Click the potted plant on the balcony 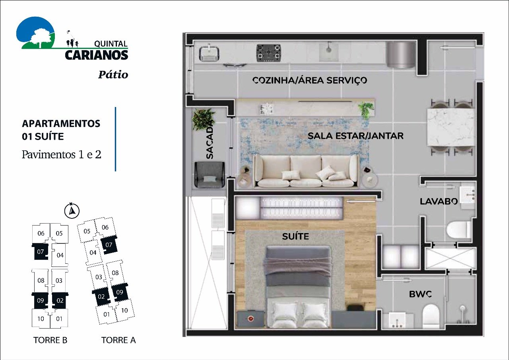203,119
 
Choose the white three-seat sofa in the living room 306,171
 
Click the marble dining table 451,126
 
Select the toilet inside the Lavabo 458,230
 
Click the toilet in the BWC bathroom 430,316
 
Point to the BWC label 420,295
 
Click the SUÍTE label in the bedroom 295,237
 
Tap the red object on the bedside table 251,318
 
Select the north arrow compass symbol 72,210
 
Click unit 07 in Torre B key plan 41,252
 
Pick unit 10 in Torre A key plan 124,310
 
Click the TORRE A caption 119,340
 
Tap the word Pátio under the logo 113,74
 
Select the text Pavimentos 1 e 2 62,154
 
